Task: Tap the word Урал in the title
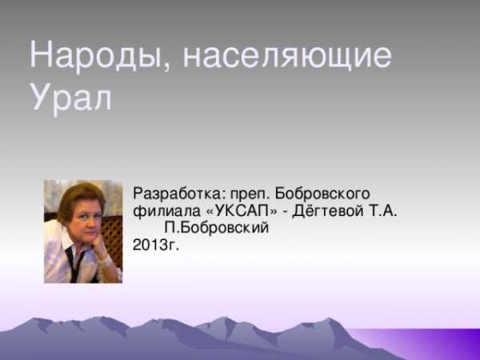pyautogui.click(x=71, y=97)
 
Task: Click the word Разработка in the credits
pyautogui.click(x=178, y=194)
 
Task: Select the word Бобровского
pyautogui.click(x=322, y=194)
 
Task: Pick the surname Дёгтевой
pyautogui.click(x=328, y=210)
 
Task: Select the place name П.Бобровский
pyautogui.click(x=217, y=228)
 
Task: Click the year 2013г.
pyautogui.click(x=155, y=245)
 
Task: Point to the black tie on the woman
pyautogui.click(x=75, y=264)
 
